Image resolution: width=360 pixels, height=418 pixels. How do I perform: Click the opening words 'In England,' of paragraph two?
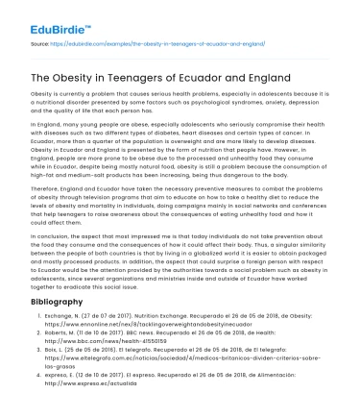coord(29,124)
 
